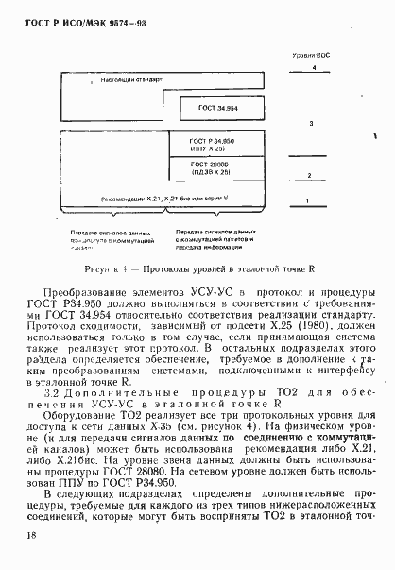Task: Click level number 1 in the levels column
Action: (x=307, y=200)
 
